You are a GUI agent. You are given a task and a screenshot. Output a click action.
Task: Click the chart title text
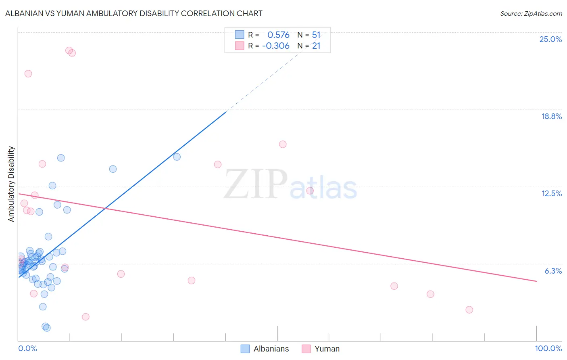click(133, 14)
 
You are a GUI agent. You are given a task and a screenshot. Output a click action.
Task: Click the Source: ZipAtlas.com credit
click(531, 14)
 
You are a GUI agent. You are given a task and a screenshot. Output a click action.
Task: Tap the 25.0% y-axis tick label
click(550, 39)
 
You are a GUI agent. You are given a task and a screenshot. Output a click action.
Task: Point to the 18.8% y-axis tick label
click(551, 116)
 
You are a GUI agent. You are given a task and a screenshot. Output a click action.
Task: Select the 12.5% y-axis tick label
click(551, 193)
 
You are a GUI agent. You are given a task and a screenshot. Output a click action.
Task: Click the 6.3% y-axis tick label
click(553, 271)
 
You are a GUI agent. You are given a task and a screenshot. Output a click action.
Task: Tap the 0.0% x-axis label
click(27, 348)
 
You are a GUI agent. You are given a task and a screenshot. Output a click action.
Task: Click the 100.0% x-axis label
click(548, 348)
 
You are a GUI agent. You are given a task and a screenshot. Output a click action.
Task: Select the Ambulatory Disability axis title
click(11, 184)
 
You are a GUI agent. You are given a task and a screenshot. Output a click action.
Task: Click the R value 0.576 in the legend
click(278, 35)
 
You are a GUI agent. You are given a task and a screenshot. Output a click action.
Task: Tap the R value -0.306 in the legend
click(276, 46)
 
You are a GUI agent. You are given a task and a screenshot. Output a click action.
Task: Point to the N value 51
click(316, 35)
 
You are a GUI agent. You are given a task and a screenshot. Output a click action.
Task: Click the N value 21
click(316, 46)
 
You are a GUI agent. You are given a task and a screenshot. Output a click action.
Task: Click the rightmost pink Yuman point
click(469, 310)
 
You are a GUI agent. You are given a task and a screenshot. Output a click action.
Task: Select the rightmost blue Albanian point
click(177, 157)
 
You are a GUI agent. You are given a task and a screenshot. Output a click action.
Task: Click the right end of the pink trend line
click(536, 281)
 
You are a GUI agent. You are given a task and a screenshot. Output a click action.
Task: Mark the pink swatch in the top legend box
click(240, 46)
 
